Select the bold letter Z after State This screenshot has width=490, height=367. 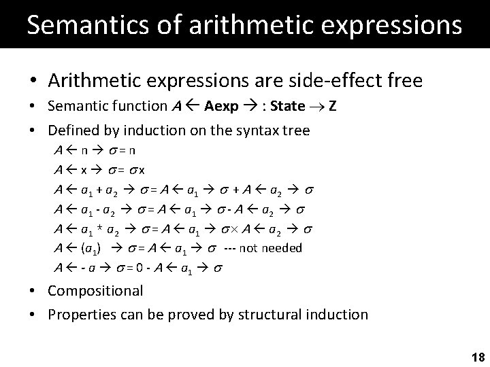[x=331, y=107]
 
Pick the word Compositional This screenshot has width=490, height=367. [x=95, y=291]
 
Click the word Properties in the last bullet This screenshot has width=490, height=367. [x=80, y=314]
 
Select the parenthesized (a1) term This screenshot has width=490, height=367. [x=88, y=248]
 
